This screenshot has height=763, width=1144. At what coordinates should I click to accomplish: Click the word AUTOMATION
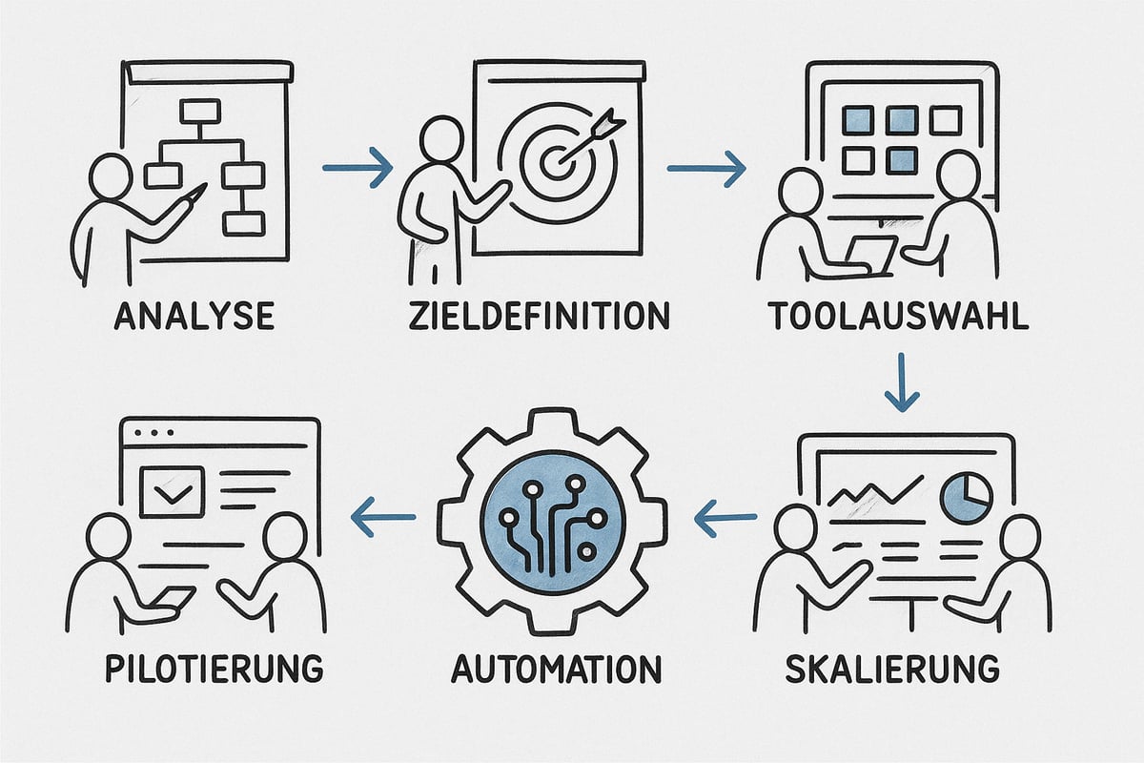556,668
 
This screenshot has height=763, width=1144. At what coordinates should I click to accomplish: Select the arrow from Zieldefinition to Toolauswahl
705,169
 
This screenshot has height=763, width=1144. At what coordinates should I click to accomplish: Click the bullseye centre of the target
555,162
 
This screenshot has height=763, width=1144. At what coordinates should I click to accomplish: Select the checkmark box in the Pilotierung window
172,491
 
